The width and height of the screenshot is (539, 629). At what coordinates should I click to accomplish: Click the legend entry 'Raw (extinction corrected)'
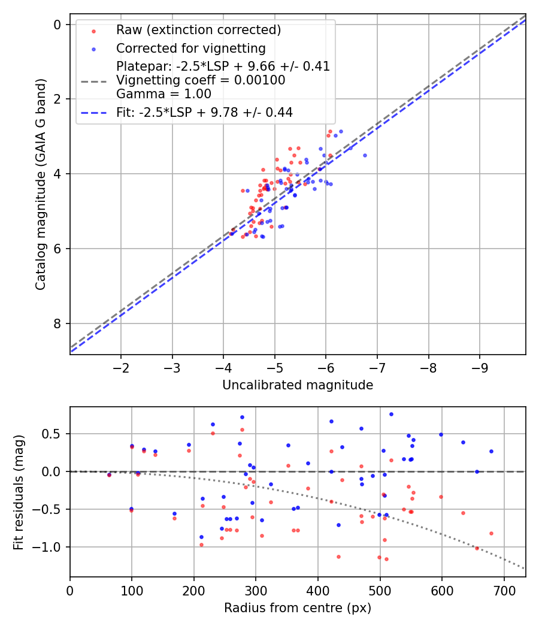coord(198,30)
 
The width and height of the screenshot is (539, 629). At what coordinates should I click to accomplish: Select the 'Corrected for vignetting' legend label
coord(190,48)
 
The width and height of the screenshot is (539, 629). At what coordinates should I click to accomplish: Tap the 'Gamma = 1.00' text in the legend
coord(163,94)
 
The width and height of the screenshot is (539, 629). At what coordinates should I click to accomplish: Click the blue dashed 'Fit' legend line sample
coord(95,113)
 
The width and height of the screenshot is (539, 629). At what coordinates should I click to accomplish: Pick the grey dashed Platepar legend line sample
coord(95,80)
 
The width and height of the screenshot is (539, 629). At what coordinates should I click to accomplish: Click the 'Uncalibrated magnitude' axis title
coord(298,385)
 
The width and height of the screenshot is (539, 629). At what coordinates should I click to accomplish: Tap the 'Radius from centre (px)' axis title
coord(298,608)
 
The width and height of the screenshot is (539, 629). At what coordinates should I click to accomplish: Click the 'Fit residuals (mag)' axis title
coord(18,492)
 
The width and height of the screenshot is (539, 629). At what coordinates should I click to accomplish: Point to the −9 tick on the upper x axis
coord(480,367)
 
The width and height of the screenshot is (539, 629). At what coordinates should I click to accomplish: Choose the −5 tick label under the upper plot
coord(274,367)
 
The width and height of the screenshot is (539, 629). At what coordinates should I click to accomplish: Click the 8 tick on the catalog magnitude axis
coord(57,323)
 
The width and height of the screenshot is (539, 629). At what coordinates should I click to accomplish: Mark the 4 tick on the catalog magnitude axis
coord(57,174)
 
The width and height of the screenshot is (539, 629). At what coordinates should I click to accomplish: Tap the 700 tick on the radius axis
coord(504,589)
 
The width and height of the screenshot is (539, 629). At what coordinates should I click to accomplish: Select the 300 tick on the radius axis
coord(256,589)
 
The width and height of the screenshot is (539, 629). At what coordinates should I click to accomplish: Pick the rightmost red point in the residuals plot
coord(491,533)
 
